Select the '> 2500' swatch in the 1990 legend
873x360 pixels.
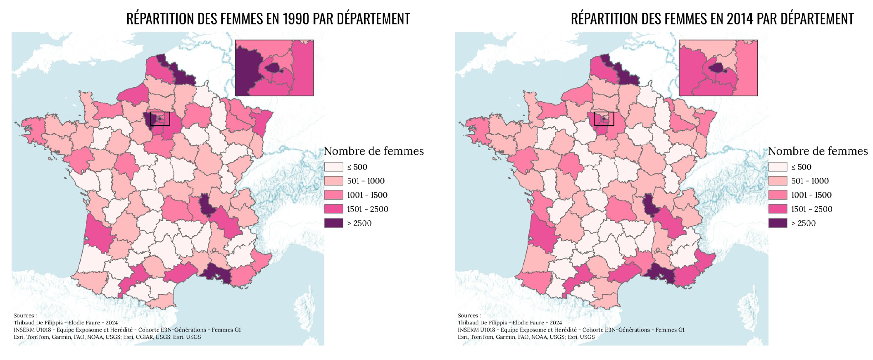(x=333, y=223)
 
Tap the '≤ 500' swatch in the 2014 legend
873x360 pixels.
(x=778, y=167)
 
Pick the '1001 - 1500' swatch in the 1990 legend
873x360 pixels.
(x=333, y=195)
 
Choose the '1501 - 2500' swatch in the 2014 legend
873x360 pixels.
(x=778, y=209)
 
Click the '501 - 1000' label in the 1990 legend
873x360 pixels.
(x=366, y=181)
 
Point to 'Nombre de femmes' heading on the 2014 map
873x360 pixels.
(x=818, y=151)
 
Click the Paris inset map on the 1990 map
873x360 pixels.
(x=274, y=68)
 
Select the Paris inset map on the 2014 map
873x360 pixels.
(x=718, y=68)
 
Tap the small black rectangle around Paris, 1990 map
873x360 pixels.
(x=160, y=119)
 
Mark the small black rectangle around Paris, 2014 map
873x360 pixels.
(x=604, y=119)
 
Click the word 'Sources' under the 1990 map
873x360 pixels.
(x=24, y=315)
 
